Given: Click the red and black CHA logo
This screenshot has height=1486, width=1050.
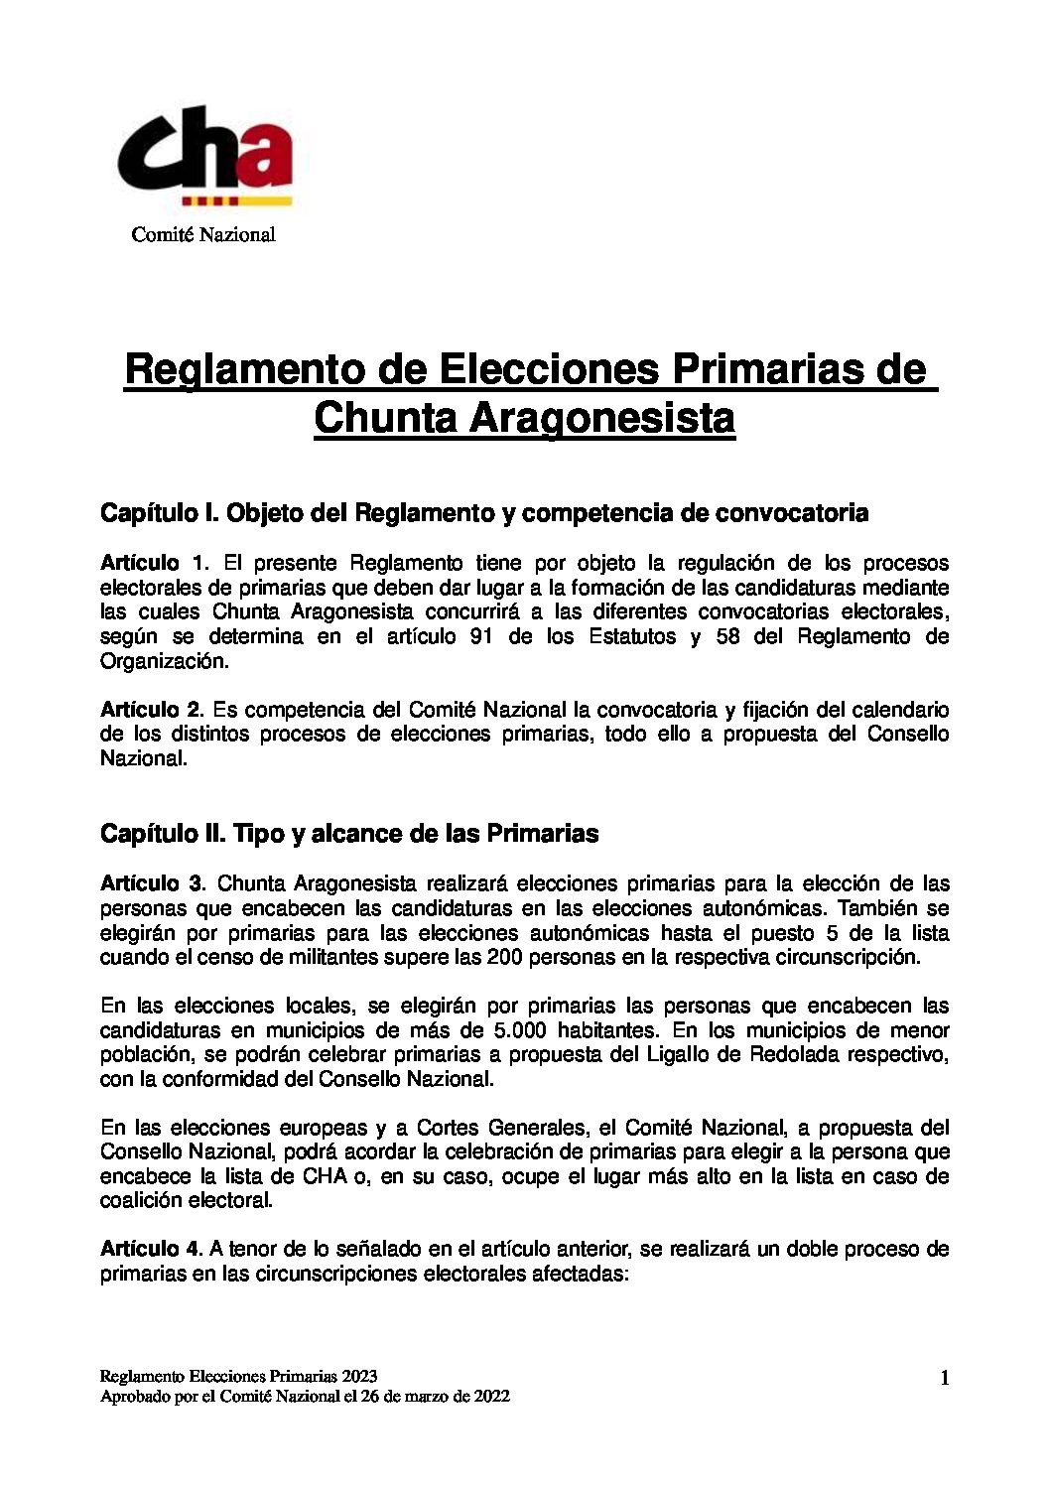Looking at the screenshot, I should coord(205,157).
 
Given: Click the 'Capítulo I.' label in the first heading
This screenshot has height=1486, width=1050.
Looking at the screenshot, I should coord(159,513).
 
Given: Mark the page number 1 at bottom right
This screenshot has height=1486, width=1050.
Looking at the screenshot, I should coord(944,1378).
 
